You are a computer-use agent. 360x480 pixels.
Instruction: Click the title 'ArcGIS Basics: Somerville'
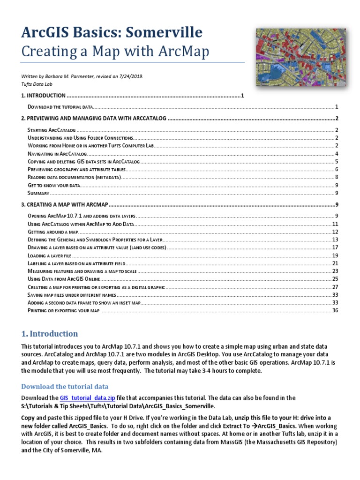click(x=112, y=32)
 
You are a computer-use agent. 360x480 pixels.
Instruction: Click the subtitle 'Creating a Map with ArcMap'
click(x=115, y=52)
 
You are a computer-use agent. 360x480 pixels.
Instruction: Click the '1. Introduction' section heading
click(x=50, y=334)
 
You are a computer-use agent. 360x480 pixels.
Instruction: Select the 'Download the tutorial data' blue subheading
click(x=65, y=386)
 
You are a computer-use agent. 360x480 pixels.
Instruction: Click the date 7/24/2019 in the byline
click(x=130, y=76)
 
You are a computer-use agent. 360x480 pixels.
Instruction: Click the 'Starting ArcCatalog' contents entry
click(x=52, y=130)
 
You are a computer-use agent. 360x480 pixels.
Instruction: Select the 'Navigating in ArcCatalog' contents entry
click(x=57, y=154)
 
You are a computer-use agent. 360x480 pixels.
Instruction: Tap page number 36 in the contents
click(x=335, y=310)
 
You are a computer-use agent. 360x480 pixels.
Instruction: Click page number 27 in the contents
click(x=335, y=286)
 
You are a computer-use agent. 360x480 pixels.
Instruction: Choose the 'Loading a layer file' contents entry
click(x=49, y=255)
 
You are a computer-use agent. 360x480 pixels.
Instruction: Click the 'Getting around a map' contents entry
click(x=52, y=232)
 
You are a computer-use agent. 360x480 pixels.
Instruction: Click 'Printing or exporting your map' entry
click(x=63, y=310)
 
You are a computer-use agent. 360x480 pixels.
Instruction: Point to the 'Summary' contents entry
click(x=38, y=193)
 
